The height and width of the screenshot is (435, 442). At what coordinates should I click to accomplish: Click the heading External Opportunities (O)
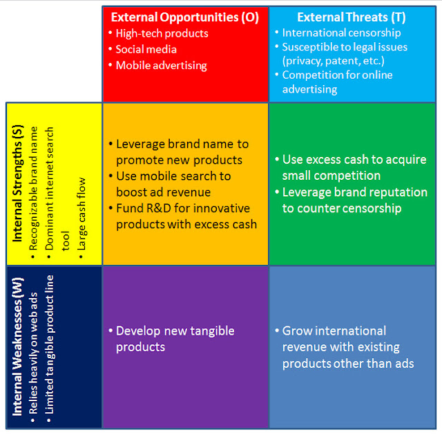[185, 17]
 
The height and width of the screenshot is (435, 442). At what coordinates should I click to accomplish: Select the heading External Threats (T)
[352, 17]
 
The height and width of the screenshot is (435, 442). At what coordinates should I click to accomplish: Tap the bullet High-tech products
[162, 34]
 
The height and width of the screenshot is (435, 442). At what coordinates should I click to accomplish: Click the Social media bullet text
[146, 49]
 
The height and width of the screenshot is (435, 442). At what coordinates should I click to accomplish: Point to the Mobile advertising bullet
[162, 66]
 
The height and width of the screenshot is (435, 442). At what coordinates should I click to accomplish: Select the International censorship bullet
[342, 33]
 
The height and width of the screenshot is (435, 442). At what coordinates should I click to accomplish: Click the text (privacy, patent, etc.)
[334, 61]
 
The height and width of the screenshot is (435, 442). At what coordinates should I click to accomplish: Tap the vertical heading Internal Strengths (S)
[17, 183]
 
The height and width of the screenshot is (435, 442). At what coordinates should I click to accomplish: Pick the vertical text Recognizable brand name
[33, 189]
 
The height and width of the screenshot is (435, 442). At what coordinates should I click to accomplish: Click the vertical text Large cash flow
[81, 214]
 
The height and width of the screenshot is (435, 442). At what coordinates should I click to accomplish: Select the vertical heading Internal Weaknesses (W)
[17, 346]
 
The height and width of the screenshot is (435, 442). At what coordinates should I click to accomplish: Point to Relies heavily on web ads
[33, 353]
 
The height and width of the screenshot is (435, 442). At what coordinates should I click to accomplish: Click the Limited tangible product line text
[49, 344]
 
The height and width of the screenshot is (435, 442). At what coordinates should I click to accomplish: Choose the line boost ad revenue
[164, 192]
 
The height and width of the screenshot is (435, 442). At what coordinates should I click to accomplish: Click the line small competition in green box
[331, 176]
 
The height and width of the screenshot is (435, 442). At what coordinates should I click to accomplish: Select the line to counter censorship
[342, 209]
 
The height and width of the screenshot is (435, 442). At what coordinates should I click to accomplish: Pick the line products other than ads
[348, 364]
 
